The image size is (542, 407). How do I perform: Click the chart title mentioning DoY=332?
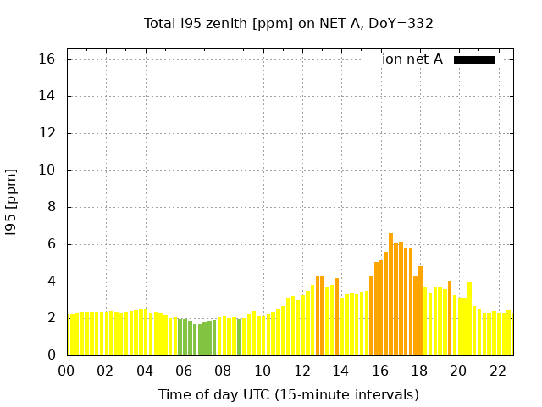(x=289, y=23)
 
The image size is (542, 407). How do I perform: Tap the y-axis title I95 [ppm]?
(x=12, y=203)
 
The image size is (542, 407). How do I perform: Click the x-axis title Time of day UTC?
(x=289, y=394)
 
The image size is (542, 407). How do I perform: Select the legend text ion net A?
(x=412, y=59)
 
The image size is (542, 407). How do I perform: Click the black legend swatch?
(x=474, y=59)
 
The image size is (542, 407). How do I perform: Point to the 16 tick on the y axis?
(x=47, y=59)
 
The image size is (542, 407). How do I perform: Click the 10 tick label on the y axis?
(x=47, y=170)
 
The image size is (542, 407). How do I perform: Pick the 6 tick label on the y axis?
(x=51, y=244)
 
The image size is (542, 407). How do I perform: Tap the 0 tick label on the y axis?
(x=51, y=355)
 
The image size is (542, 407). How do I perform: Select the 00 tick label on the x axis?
(x=66, y=371)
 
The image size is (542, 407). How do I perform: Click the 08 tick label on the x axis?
(x=223, y=371)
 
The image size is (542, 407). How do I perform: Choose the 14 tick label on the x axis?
(x=340, y=371)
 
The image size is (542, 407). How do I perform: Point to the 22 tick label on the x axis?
(x=497, y=371)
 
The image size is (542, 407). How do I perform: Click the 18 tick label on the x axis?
(x=418, y=371)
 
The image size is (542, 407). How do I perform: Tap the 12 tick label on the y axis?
(x=47, y=133)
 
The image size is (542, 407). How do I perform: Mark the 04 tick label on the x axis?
(x=145, y=371)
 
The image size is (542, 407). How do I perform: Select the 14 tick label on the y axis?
(x=47, y=96)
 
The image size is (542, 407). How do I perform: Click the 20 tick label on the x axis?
(x=458, y=371)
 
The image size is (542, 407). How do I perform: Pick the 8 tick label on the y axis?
(x=51, y=207)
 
